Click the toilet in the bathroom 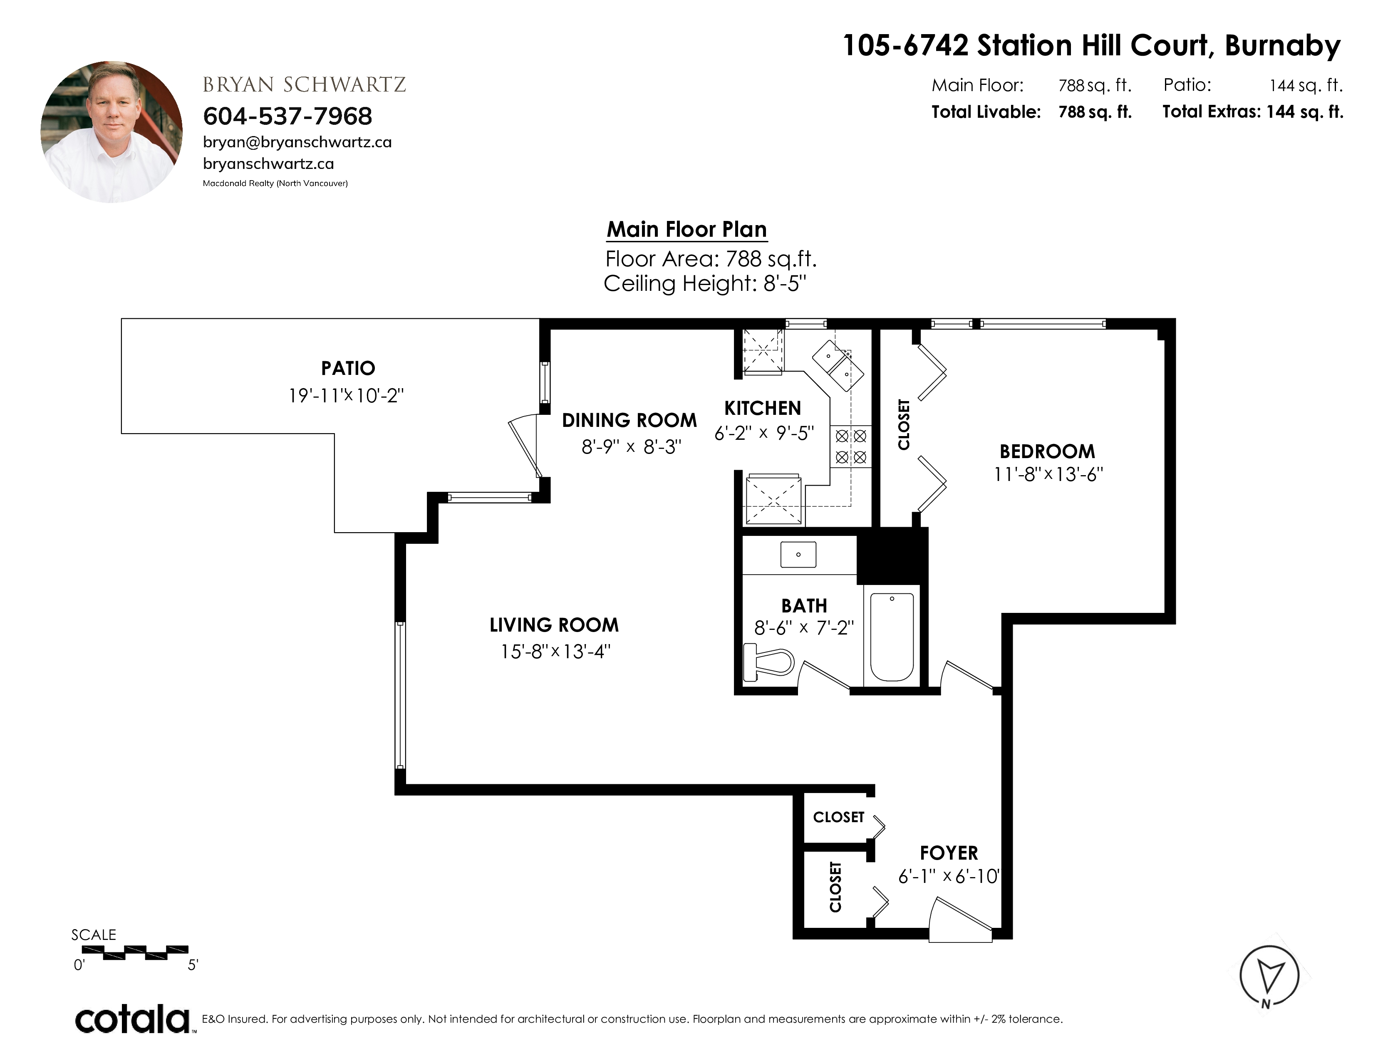768,662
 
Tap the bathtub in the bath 892,637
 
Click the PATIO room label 348,368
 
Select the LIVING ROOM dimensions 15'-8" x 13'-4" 555,651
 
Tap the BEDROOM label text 1047,451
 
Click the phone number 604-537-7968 288,116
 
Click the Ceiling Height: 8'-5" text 705,283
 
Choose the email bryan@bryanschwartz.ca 297,143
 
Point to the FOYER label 949,853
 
